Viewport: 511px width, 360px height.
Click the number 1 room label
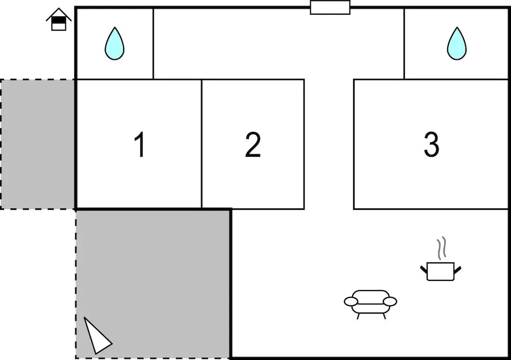(x=140, y=145)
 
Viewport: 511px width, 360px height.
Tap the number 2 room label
(x=253, y=145)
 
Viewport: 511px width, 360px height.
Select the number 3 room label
(x=431, y=145)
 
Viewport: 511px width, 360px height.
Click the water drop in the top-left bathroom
(x=114, y=43)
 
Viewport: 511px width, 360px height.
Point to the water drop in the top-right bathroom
(x=456, y=43)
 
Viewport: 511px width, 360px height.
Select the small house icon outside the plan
(x=59, y=19)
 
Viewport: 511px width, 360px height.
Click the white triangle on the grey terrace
(x=97, y=336)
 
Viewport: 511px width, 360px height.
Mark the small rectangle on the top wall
(x=330, y=8)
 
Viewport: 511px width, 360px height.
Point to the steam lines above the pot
(x=442, y=248)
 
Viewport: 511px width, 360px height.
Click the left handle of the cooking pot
(x=424, y=270)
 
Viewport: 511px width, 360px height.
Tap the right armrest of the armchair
(x=390, y=302)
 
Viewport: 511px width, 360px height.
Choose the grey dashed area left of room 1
(x=38, y=144)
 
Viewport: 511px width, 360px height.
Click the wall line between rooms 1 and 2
(x=202, y=144)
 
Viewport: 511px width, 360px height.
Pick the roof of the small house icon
(x=59, y=14)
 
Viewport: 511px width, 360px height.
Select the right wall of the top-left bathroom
(x=153, y=43)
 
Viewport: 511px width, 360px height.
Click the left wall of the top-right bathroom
(x=404, y=43)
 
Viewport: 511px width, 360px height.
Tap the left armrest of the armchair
(x=351, y=302)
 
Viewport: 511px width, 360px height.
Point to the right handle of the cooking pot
(x=457, y=270)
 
